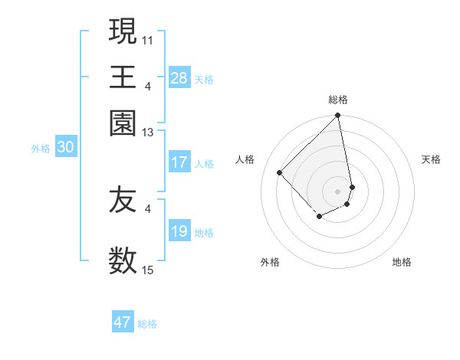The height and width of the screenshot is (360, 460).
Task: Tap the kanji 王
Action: coord(123,77)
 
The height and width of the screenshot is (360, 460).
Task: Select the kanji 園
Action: coord(123,123)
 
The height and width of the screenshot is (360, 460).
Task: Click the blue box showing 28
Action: coord(179,78)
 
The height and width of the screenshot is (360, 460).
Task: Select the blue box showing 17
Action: coord(179,162)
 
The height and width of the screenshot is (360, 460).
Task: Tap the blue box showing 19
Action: coord(179,231)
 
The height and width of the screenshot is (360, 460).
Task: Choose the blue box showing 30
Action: coord(65,148)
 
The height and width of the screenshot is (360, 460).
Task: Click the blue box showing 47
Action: coord(123,322)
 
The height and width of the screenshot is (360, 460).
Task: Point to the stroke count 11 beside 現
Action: coord(148,38)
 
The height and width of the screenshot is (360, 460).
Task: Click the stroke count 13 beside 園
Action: coord(148,133)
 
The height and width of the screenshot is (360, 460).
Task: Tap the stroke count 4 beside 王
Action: coord(148,85)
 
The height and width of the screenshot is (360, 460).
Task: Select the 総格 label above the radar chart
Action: coord(338,100)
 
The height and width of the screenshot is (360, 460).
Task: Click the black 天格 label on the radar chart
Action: coord(431,159)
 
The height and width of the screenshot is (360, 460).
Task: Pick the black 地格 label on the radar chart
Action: coord(402,262)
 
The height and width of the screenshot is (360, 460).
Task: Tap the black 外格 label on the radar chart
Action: coord(270,262)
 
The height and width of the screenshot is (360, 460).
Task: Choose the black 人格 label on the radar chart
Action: coord(245,159)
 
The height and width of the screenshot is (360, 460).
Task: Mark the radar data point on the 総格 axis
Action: coord(338,116)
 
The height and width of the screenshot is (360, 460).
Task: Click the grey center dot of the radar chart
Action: coord(338,191)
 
